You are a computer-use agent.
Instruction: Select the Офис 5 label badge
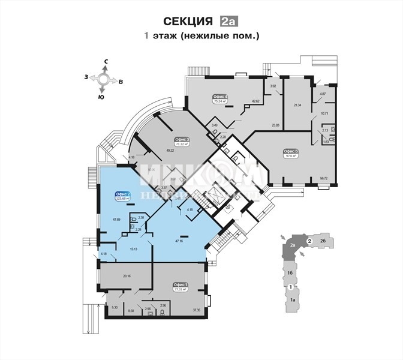(x=291, y=151)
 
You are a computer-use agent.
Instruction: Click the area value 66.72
(x=323, y=178)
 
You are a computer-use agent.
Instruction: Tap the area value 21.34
(x=297, y=105)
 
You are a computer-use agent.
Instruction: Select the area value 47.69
(x=117, y=220)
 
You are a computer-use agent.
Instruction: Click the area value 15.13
(x=133, y=248)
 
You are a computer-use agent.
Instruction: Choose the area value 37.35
(x=196, y=310)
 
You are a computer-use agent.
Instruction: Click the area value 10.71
(x=324, y=113)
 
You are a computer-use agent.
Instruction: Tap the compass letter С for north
(x=106, y=61)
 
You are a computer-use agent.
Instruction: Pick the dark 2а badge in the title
(x=228, y=22)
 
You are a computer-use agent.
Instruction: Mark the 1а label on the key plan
(x=293, y=299)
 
